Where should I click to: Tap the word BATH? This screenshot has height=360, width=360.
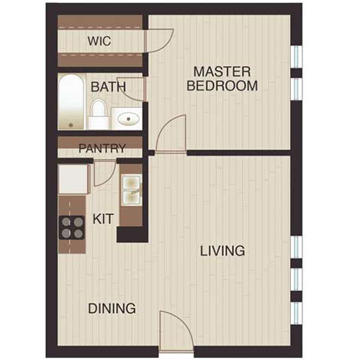[108, 87]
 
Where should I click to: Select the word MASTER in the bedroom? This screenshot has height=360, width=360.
[222, 72]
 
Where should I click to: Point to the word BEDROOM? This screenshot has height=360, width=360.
[222, 86]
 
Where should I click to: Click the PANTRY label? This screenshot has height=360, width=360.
[102, 149]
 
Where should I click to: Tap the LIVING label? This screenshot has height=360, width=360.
[222, 251]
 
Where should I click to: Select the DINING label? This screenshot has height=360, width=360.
[112, 309]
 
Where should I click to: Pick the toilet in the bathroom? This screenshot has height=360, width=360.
[98, 113]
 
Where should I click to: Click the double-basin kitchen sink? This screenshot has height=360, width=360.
[130, 189]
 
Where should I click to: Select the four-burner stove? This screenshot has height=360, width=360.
[72, 228]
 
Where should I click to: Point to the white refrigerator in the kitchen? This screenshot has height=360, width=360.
[73, 179]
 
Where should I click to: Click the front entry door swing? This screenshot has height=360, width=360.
[175, 330]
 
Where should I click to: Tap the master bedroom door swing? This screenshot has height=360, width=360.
[172, 135]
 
